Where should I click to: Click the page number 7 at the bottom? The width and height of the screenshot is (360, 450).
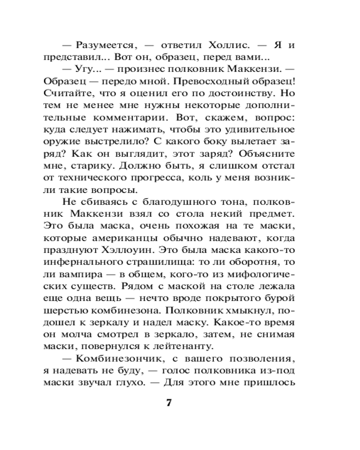coord(169,402)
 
